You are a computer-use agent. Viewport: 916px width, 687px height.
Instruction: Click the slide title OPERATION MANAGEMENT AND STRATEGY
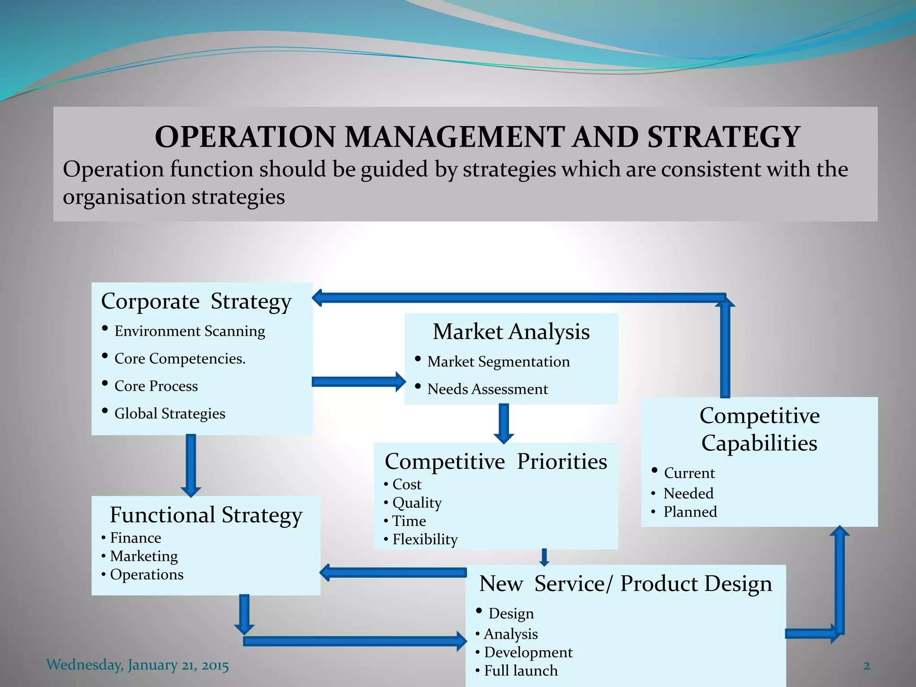pyautogui.click(x=477, y=137)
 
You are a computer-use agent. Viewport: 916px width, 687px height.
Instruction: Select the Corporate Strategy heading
pyautogui.click(x=196, y=301)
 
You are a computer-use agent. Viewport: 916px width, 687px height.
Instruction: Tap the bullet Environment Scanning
pyautogui.click(x=190, y=331)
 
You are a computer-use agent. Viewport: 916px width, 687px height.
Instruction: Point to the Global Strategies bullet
pyautogui.click(x=170, y=414)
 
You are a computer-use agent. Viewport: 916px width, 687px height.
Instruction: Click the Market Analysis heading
pyautogui.click(x=511, y=332)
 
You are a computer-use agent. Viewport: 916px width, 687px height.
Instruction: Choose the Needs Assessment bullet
pyautogui.click(x=487, y=389)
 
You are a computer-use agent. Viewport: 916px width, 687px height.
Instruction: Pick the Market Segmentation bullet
pyautogui.click(x=498, y=362)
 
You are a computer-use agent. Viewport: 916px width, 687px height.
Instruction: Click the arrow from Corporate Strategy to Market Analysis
pyautogui.click(x=358, y=382)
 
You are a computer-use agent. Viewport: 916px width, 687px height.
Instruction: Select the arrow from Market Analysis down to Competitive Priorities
pyautogui.click(x=504, y=423)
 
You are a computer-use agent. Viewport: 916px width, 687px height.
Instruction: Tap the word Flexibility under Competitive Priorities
pyautogui.click(x=425, y=539)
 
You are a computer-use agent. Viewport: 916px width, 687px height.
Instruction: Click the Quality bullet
pyautogui.click(x=417, y=503)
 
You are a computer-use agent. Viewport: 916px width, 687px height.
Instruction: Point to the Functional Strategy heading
pyautogui.click(x=206, y=515)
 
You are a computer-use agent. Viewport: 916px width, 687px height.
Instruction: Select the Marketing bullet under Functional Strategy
pyautogui.click(x=144, y=556)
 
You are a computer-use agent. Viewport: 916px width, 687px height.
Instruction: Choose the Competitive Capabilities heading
pyautogui.click(x=759, y=429)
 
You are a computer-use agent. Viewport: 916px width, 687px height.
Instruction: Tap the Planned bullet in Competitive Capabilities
pyautogui.click(x=690, y=512)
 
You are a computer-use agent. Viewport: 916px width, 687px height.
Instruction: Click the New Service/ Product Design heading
pyautogui.click(x=625, y=584)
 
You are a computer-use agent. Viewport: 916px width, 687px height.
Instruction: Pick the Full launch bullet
pyautogui.click(x=521, y=671)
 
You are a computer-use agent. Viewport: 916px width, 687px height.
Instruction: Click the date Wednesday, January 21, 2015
pyautogui.click(x=137, y=665)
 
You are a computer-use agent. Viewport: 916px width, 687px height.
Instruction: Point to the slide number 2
pyautogui.click(x=866, y=666)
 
